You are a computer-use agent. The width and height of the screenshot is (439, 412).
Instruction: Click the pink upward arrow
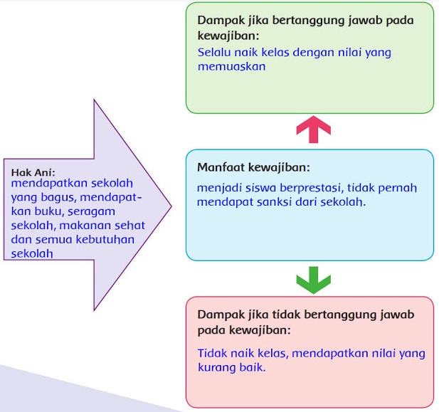click(313, 130)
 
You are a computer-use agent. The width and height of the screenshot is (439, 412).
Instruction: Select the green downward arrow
click(313, 280)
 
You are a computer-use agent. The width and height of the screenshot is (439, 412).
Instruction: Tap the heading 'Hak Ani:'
click(33, 172)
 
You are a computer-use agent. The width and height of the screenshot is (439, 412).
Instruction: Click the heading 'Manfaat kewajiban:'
click(253, 168)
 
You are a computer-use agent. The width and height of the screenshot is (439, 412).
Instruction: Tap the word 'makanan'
click(90, 225)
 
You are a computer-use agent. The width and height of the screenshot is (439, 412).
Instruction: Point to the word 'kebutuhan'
click(107, 239)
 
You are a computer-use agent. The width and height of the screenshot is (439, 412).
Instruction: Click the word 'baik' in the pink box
click(253, 367)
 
